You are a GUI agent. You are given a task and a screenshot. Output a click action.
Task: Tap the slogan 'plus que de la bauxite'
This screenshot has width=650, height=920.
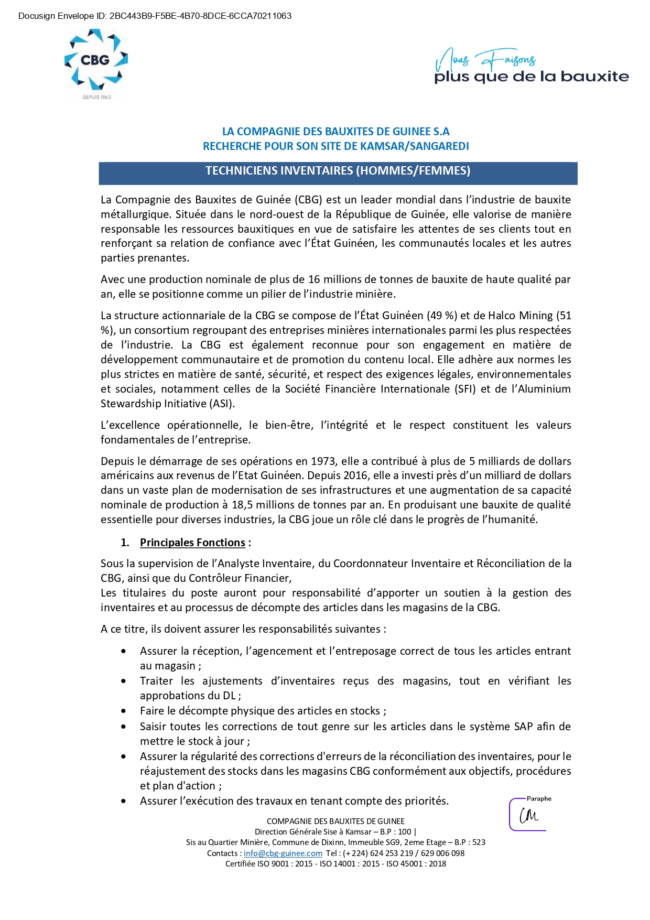(x=531, y=77)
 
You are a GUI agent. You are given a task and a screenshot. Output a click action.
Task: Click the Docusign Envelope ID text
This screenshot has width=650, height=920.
(x=155, y=16)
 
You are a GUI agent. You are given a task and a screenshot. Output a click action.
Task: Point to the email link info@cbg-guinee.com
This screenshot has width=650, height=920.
(x=283, y=853)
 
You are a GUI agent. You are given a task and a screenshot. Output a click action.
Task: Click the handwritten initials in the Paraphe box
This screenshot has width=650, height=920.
(x=528, y=816)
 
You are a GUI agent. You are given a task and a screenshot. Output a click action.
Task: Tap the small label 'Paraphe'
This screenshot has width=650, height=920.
(x=539, y=798)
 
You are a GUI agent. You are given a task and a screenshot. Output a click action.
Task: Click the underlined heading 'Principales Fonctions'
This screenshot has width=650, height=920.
(x=192, y=543)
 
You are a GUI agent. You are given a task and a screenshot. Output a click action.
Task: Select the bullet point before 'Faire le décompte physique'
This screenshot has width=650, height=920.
(x=124, y=711)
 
